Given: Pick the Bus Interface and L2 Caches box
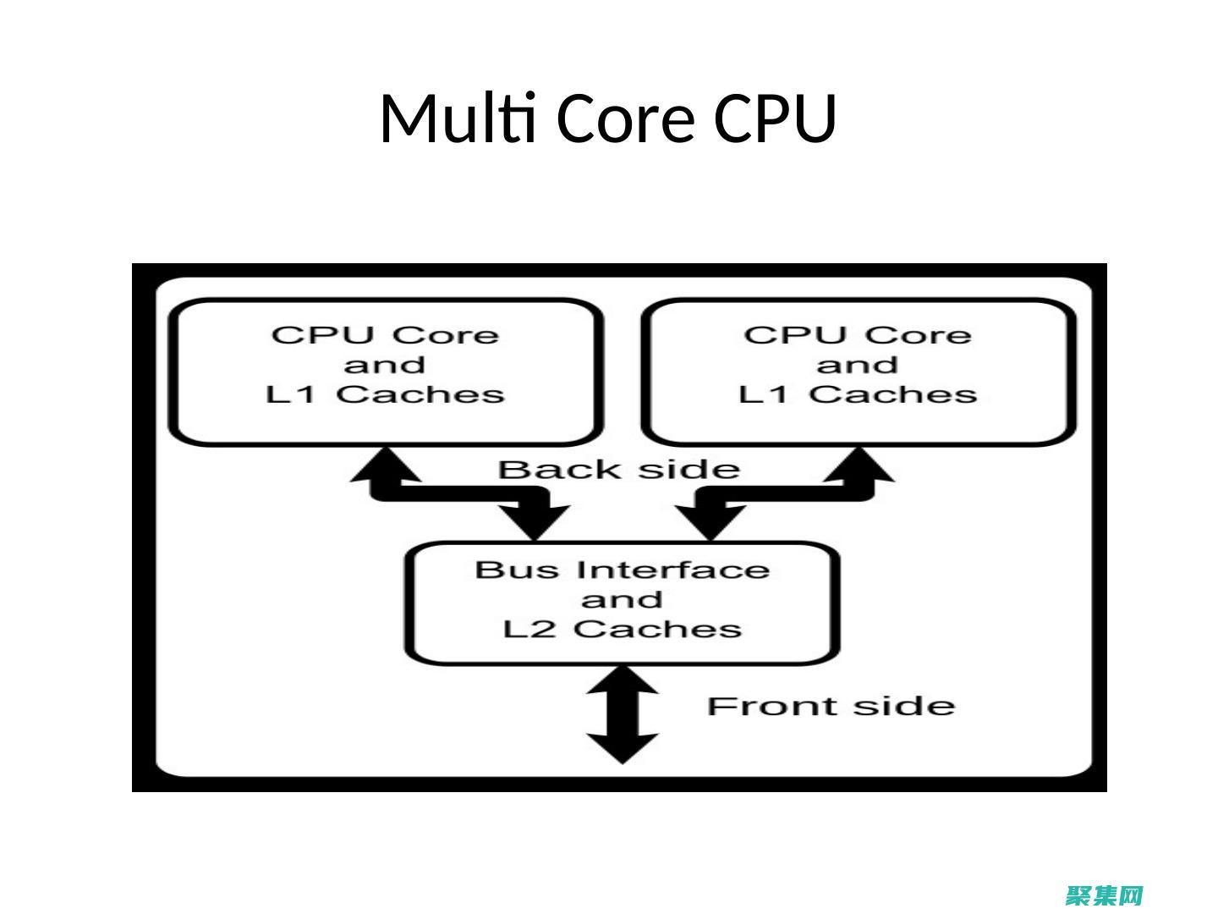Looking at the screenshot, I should [x=623, y=603].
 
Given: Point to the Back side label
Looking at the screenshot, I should [x=618, y=470].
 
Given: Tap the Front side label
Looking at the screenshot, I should [x=831, y=706].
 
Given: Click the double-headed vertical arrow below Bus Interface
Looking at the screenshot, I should [x=623, y=714].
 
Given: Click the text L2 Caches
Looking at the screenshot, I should [x=623, y=630].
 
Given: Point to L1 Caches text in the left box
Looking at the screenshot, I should [x=386, y=394].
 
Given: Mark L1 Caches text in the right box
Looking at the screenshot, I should [x=858, y=394].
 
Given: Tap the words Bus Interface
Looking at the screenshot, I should [x=623, y=570].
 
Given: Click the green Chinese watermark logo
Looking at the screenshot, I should [x=1105, y=895].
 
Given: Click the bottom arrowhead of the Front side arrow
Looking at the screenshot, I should [x=623, y=749].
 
